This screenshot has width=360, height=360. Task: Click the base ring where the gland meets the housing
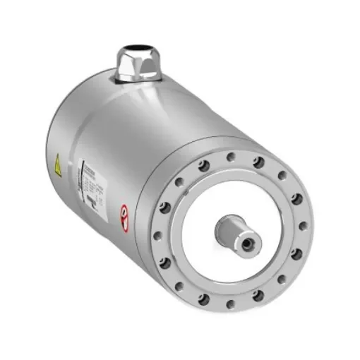point(138,80)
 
